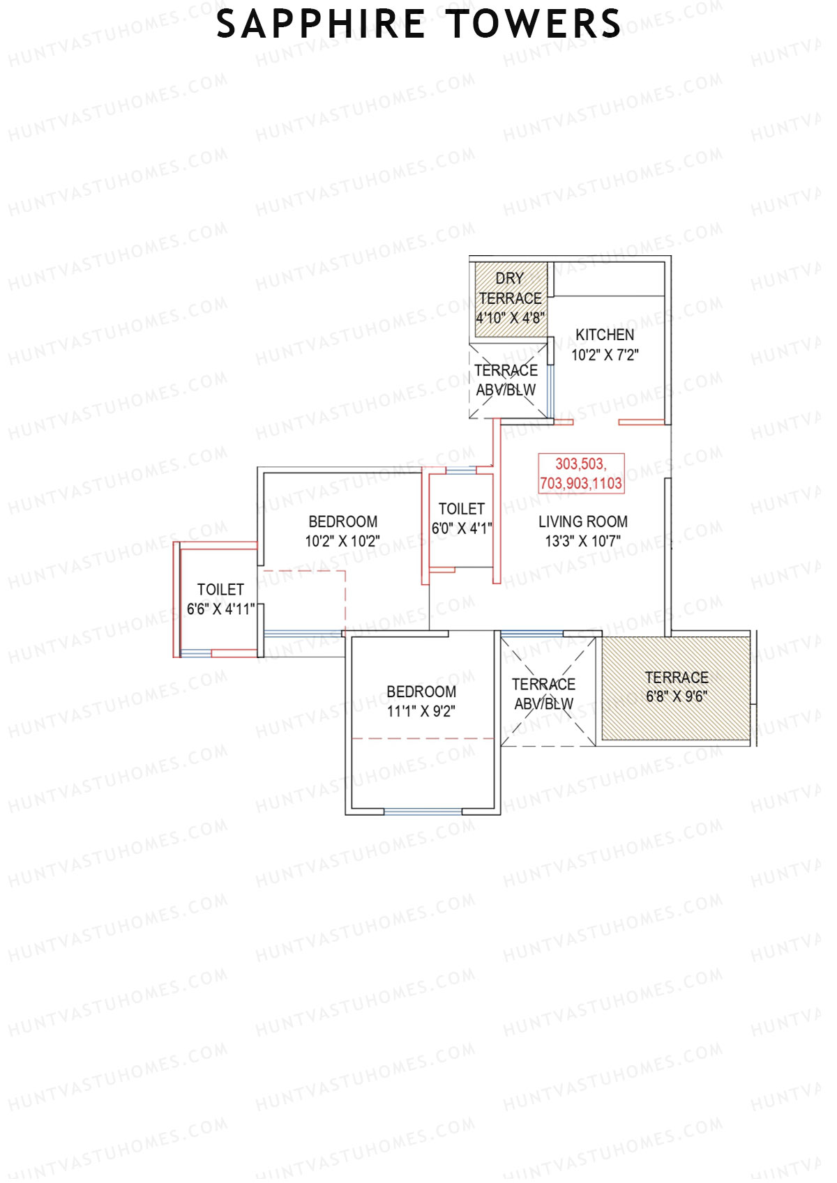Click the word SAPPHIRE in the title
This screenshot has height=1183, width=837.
(x=320, y=25)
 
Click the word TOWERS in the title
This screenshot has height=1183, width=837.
(x=534, y=25)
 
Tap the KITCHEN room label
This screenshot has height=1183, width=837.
(x=605, y=335)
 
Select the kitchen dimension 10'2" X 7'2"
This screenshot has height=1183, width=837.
(x=605, y=355)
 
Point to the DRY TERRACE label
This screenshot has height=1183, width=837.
(x=510, y=288)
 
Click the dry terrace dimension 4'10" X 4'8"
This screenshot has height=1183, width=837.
(x=510, y=318)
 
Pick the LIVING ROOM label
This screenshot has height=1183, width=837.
(x=582, y=521)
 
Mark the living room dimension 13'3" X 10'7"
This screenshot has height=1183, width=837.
(x=582, y=541)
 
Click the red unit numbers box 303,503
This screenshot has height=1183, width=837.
(x=581, y=473)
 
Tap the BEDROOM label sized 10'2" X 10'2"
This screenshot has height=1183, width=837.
(x=342, y=521)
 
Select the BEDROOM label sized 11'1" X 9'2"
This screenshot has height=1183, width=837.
(x=421, y=692)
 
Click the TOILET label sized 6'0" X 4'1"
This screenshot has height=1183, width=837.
(x=461, y=509)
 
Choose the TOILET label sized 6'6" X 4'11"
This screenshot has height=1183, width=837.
(x=220, y=590)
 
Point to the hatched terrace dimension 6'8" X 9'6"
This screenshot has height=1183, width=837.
(x=676, y=696)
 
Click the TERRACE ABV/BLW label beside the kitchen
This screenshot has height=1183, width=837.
(x=506, y=380)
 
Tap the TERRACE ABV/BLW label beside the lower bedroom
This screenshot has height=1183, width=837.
(x=543, y=694)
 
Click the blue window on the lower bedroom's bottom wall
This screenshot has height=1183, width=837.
(x=423, y=811)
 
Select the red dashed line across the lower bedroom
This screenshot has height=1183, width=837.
(x=423, y=738)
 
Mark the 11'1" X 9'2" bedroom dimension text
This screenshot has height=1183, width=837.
(x=421, y=711)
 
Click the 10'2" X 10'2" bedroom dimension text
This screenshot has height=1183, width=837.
(x=342, y=541)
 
